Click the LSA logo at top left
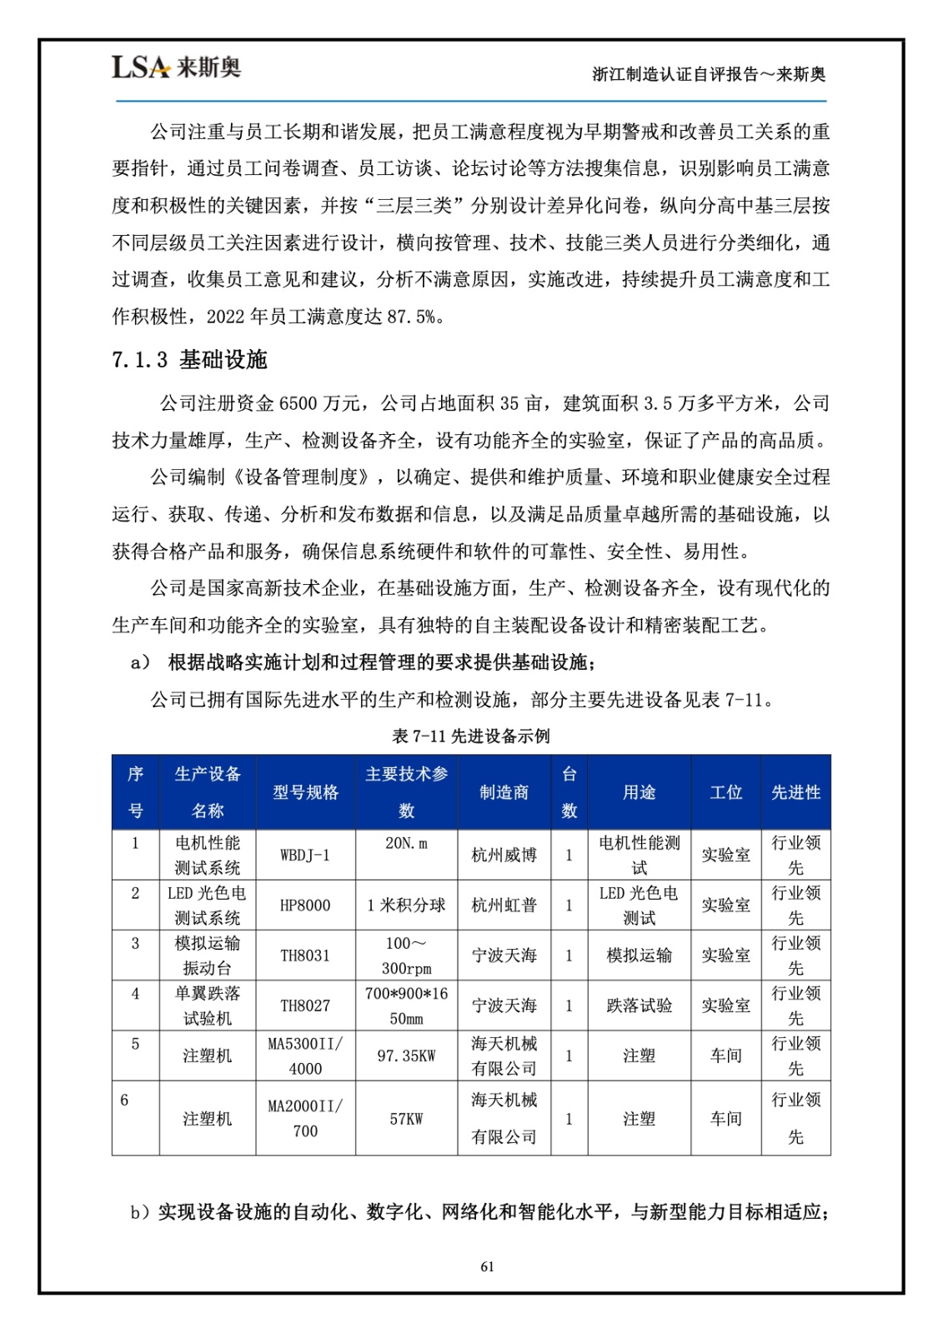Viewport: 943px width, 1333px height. click(x=176, y=67)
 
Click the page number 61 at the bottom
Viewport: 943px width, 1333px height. click(x=488, y=1266)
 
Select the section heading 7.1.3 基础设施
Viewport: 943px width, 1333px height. click(x=189, y=360)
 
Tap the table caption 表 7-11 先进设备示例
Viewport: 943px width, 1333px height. click(x=471, y=736)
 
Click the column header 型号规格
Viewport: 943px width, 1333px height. click(x=305, y=792)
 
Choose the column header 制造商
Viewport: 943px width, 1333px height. click(x=504, y=792)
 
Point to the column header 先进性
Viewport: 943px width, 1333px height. click(x=795, y=792)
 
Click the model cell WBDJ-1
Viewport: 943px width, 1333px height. click(x=305, y=856)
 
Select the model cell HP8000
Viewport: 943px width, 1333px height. click(x=305, y=906)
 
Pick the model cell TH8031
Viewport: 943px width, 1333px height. click(x=305, y=956)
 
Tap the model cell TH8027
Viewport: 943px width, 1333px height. click(x=305, y=1006)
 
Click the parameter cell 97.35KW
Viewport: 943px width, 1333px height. click(x=406, y=1056)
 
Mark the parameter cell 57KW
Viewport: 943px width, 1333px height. click(x=406, y=1119)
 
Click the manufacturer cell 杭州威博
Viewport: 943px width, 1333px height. click(x=504, y=856)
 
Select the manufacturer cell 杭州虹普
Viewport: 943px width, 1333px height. click(x=504, y=906)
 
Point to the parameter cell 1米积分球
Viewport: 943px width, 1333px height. click(x=406, y=906)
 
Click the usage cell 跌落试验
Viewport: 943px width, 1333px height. click(x=639, y=1006)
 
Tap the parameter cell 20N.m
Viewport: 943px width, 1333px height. click(x=406, y=843)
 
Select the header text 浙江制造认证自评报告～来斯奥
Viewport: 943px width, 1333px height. click(x=709, y=74)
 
